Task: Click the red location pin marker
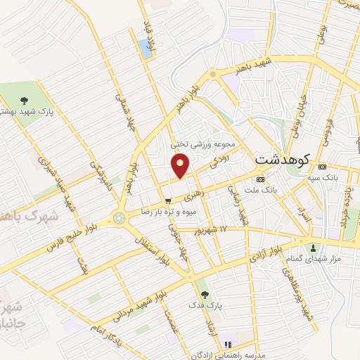pyautogui.click(x=181, y=165)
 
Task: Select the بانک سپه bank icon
pyautogui.click(x=322, y=167)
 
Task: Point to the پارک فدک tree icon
pyautogui.click(x=205, y=294)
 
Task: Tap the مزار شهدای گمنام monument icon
pyautogui.click(x=314, y=247)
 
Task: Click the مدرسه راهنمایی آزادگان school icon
pyautogui.click(x=227, y=345)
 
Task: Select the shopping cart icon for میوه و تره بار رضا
pyautogui.click(x=167, y=202)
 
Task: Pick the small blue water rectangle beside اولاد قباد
pyautogui.click(x=145, y=48)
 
